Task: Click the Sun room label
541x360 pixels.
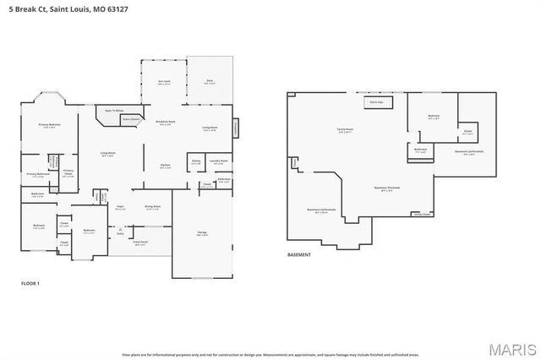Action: tap(164, 83)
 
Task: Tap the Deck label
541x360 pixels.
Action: tap(210, 82)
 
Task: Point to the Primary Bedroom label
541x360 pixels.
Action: tap(49, 126)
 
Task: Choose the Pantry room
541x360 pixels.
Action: tap(195, 162)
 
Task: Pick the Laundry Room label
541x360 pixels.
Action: tap(218, 162)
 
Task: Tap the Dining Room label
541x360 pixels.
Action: tap(152, 207)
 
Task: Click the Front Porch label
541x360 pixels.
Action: tap(140, 243)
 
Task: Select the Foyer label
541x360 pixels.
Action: tap(120, 207)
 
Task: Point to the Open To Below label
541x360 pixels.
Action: tap(115, 111)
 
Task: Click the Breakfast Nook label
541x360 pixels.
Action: tap(165, 123)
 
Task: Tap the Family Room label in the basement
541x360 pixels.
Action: tap(346, 131)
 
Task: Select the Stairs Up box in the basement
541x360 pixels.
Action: tap(375, 103)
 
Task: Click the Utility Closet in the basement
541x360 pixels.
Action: tap(421, 215)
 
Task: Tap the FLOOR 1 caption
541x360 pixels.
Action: tap(30, 283)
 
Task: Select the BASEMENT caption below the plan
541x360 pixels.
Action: tap(298, 254)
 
